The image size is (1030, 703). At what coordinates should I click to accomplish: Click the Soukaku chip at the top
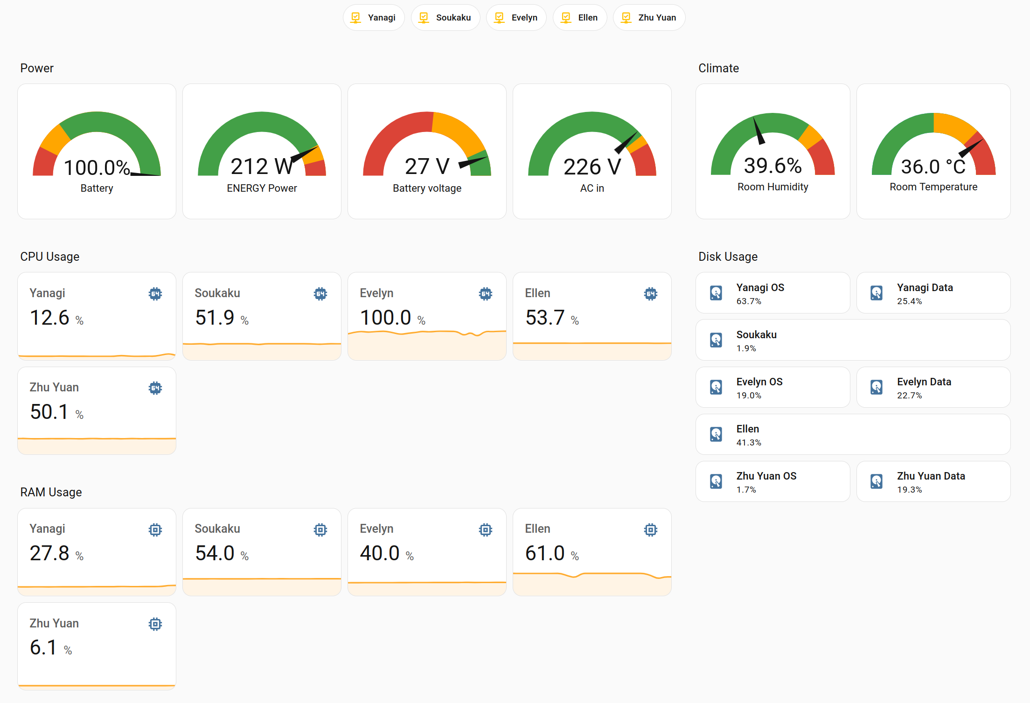click(445, 18)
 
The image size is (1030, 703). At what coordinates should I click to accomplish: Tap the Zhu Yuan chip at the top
click(649, 18)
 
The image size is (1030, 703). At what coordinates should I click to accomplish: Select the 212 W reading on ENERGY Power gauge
click(261, 167)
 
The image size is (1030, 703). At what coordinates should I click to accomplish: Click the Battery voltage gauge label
click(427, 188)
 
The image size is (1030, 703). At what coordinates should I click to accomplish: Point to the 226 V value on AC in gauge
click(592, 167)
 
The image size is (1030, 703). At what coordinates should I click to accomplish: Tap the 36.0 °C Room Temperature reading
click(933, 167)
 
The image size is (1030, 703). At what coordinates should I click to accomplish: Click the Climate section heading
click(718, 68)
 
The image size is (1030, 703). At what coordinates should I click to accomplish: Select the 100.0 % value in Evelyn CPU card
click(386, 318)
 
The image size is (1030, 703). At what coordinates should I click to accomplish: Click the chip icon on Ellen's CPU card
click(650, 294)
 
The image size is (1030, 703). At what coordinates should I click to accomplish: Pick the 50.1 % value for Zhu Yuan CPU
click(49, 412)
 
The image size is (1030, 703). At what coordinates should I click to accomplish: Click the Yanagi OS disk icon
click(716, 293)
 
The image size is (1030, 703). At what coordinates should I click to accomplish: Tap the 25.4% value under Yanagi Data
click(909, 301)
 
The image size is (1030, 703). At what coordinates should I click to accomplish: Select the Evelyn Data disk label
click(924, 382)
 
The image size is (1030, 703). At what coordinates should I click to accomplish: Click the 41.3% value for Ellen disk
click(748, 443)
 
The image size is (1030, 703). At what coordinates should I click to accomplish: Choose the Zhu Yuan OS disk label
click(766, 476)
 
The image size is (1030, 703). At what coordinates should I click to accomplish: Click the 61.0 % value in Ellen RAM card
click(545, 553)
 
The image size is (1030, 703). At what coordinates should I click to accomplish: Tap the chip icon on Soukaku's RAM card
click(320, 530)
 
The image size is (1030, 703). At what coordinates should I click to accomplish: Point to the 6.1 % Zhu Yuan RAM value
click(43, 647)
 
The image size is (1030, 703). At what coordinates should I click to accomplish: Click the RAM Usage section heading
click(51, 492)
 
